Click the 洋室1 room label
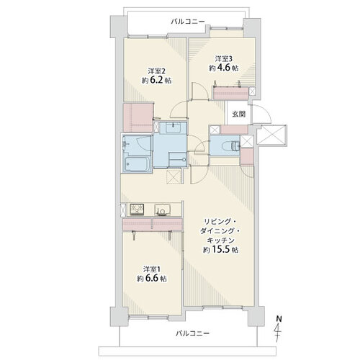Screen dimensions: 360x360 click(x=151, y=269)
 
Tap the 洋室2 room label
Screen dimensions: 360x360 click(x=156, y=71)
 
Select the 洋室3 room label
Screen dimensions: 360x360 click(x=223, y=58)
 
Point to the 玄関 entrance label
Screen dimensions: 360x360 click(x=238, y=114)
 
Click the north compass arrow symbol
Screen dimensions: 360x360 click(x=279, y=330)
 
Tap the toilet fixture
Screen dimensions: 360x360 click(x=231, y=145)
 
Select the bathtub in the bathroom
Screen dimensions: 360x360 click(x=137, y=164)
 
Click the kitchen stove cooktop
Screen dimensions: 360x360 click(x=137, y=210)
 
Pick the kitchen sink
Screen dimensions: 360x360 click(x=161, y=210)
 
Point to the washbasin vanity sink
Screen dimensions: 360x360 click(x=174, y=128)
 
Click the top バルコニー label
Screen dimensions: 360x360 click(x=188, y=22)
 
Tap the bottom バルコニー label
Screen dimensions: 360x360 click(x=192, y=333)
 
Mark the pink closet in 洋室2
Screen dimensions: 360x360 click(x=138, y=117)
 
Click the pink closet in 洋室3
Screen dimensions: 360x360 click(x=231, y=93)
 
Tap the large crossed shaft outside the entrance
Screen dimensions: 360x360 click(x=271, y=135)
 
